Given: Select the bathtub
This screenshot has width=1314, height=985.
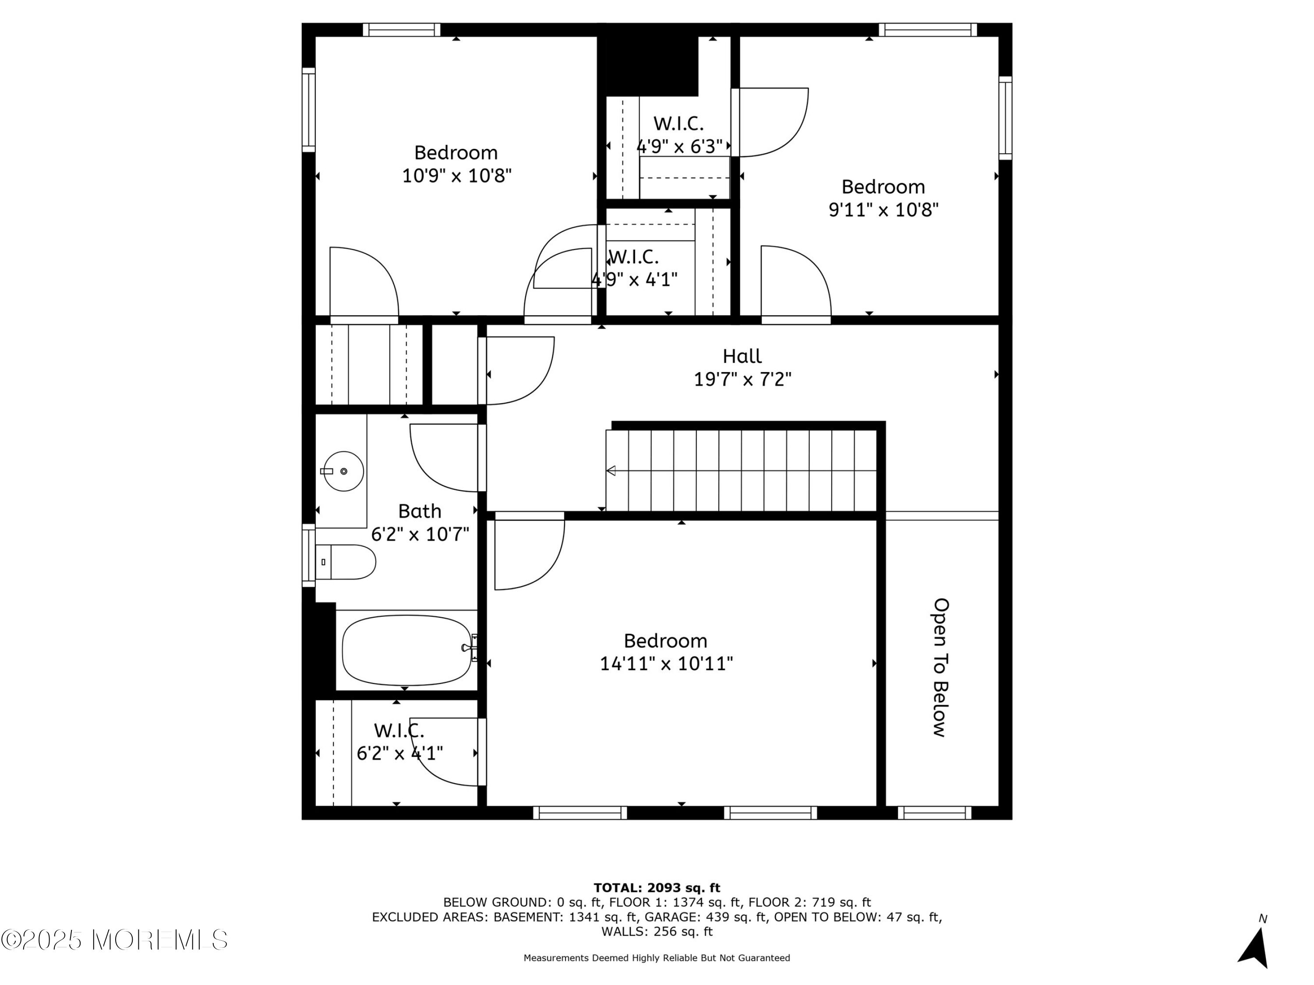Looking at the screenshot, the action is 407,650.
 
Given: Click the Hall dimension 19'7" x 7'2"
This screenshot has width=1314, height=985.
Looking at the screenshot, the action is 742,379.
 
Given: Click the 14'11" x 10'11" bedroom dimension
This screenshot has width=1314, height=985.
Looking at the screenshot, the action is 666,663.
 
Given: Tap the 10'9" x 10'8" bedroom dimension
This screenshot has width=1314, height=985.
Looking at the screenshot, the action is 456,176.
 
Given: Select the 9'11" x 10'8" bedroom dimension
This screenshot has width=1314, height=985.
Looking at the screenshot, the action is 883,210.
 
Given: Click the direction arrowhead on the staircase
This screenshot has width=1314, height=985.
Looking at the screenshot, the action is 611,471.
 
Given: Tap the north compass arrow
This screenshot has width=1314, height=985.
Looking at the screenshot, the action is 1254,947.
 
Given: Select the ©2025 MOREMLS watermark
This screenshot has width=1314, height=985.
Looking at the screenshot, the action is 114,939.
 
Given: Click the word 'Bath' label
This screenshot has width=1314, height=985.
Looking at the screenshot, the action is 420,511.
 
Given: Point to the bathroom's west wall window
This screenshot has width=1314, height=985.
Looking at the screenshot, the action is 308,555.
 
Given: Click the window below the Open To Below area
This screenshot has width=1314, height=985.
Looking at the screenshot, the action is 934,812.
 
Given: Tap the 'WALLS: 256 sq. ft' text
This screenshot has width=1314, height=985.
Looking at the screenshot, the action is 657,932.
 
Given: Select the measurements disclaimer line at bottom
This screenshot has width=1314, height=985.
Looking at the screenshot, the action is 657,958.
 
